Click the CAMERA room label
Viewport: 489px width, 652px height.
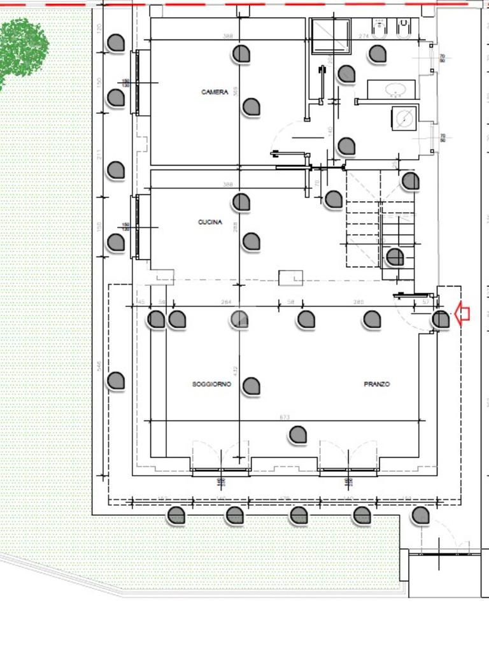215,92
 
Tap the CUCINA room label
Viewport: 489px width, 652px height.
210,222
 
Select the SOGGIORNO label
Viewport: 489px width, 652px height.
211,385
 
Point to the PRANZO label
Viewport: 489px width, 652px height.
376,385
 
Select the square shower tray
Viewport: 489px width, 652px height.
330,37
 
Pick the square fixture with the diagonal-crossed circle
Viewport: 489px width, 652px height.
403,118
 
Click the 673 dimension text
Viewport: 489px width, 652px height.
285,418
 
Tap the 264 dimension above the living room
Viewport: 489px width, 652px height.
225,302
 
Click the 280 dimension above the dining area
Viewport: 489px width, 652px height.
358,302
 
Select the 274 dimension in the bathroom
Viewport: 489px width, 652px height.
364,36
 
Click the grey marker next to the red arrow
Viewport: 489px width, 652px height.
441,320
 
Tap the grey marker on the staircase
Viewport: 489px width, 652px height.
395,257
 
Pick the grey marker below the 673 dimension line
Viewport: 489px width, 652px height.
298,436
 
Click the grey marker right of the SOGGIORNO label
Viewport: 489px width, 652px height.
252,386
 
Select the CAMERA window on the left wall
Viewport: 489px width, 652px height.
136,82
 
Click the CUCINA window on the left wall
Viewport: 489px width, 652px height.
136,227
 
